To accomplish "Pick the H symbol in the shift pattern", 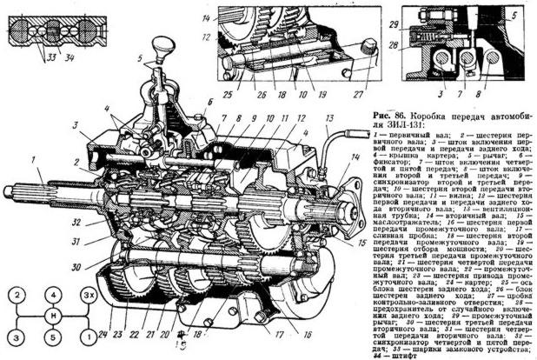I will pyautogui.click(x=53, y=316).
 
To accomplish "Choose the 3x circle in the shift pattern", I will pyautogui.click(x=89, y=296).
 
